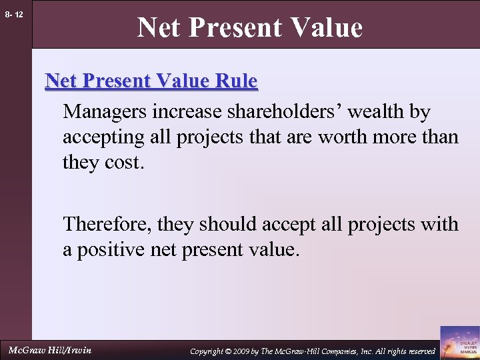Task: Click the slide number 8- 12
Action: point(14,13)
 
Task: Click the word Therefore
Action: point(107,223)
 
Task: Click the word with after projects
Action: point(439,223)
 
